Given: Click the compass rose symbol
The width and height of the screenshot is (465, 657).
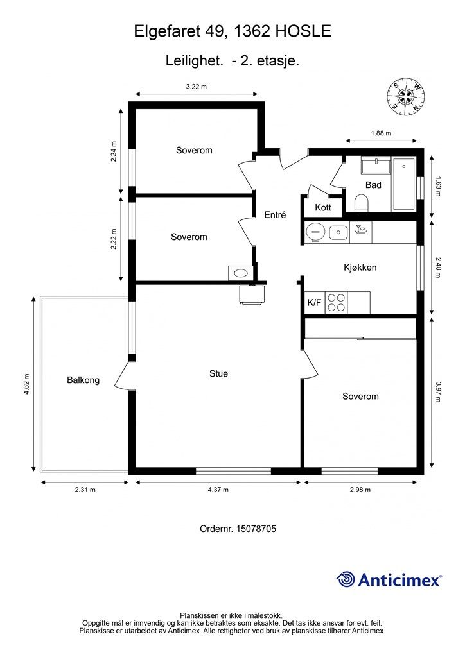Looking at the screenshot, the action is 405,97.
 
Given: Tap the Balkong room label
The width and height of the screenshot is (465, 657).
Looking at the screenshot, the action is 83,380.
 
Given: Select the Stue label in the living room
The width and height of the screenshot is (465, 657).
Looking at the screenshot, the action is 218,373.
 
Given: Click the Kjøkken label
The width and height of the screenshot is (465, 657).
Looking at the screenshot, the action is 360,268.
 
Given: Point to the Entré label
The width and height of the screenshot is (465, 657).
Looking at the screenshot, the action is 275,215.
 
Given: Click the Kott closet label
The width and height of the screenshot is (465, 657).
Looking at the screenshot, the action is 323,207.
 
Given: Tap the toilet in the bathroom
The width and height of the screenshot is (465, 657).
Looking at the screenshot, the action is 361,203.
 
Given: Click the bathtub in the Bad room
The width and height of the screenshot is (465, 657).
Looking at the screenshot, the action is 404,184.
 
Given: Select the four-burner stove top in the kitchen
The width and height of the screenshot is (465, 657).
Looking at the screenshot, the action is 337,303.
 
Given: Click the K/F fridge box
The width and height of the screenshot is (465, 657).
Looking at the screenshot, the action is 315,303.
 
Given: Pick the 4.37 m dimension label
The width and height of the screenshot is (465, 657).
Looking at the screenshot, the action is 218,490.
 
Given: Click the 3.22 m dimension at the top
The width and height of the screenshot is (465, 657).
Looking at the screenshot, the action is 197,87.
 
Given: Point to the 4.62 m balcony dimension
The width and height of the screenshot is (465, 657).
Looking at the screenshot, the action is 26,384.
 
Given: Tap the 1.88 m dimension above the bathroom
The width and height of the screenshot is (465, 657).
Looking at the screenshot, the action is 381,133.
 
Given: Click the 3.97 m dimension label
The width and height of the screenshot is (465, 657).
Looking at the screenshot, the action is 438,392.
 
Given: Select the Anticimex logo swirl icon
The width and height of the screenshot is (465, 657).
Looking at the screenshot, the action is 345,579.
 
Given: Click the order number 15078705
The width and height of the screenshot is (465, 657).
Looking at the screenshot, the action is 256,529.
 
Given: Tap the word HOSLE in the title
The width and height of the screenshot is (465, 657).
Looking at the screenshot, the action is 303,31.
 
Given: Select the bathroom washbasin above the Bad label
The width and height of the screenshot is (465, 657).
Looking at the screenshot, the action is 376,166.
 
